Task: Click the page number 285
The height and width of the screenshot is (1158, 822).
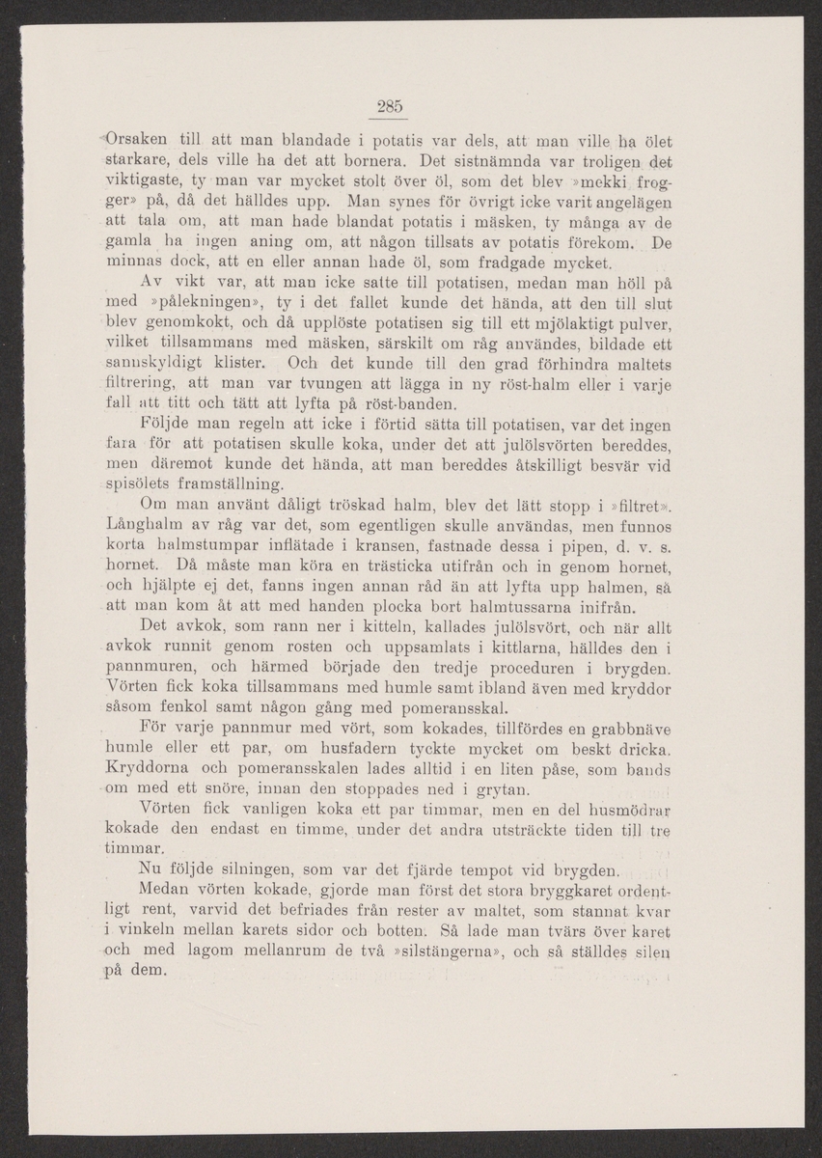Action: point(389,106)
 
